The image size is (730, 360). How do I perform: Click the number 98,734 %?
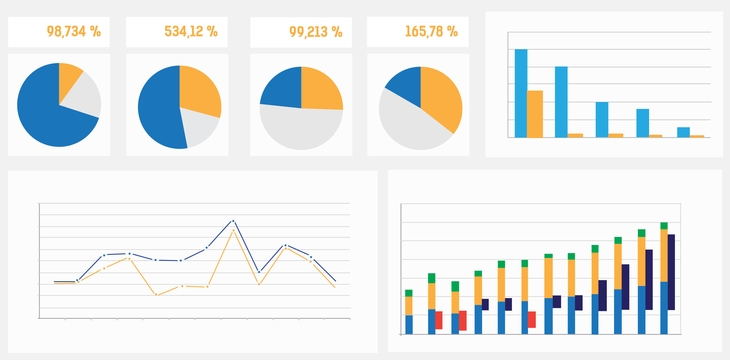point(74,31)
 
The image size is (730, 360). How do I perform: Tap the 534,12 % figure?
point(191,31)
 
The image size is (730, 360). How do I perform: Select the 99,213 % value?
point(315,32)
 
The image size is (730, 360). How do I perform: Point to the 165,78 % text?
point(431,31)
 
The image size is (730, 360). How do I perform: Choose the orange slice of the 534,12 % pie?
point(198,91)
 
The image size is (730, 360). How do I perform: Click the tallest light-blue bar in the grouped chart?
point(521,94)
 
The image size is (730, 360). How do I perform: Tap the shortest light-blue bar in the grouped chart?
point(683,132)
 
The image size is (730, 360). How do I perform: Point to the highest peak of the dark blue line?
point(233,221)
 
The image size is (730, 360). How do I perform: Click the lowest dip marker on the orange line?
point(156,294)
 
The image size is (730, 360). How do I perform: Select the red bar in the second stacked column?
point(439,320)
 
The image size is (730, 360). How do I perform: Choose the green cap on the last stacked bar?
point(664,226)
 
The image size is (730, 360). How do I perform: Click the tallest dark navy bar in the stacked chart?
point(671,272)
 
